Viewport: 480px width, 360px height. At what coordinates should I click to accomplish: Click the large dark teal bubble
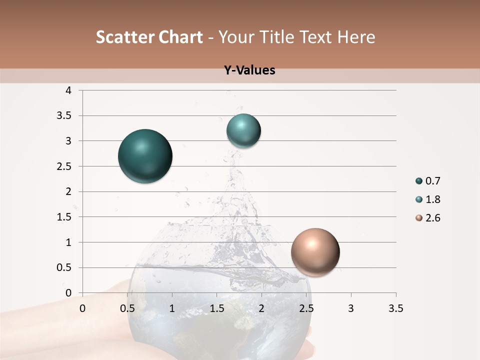tap(145, 156)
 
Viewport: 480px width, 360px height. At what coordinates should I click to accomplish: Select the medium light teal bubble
tap(243, 131)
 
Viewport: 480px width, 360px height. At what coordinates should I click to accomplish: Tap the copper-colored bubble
tap(315, 252)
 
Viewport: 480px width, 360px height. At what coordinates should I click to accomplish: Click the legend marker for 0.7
tap(419, 181)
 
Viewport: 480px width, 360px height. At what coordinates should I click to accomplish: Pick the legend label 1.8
tap(432, 199)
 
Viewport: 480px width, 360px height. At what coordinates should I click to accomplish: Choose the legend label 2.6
tap(432, 218)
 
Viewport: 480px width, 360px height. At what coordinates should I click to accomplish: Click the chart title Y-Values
tap(249, 70)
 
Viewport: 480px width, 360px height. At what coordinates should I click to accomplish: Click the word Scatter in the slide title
tap(123, 37)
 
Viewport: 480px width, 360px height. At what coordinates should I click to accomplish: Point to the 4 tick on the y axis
tap(68, 90)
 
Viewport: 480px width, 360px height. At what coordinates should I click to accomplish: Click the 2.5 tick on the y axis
tap(64, 166)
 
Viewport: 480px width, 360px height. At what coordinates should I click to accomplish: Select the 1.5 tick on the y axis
tap(64, 217)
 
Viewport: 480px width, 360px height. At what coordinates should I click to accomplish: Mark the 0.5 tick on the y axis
tap(64, 267)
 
